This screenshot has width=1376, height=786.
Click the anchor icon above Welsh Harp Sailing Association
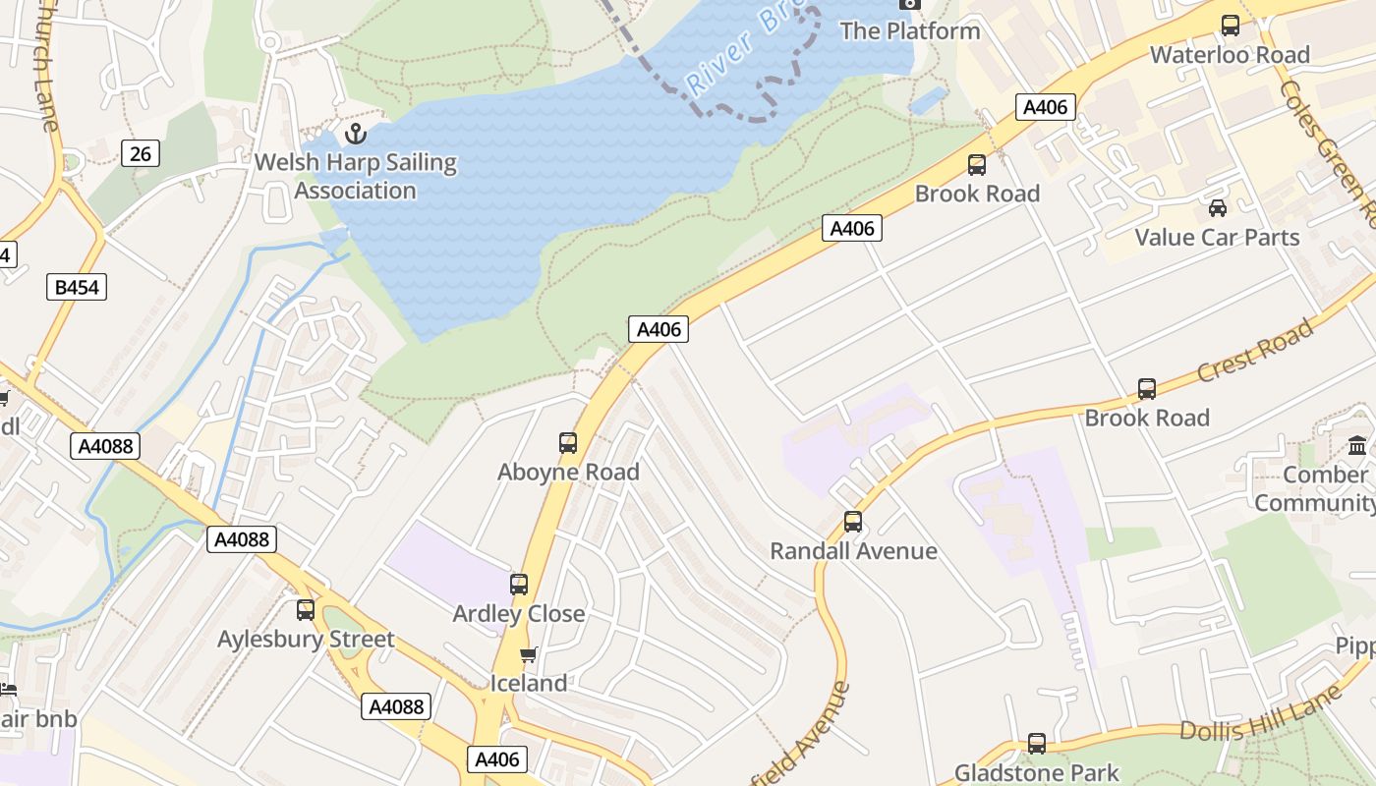coord(356,134)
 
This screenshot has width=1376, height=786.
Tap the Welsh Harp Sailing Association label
coord(356,177)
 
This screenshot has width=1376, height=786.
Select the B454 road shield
coord(77,287)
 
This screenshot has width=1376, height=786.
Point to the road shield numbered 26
coord(141,153)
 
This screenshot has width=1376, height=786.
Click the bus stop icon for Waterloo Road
coord(1230,26)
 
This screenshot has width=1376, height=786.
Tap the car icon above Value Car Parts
coord(1217,208)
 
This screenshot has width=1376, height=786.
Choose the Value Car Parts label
coord(1217,238)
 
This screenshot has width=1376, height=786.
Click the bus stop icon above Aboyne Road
coord(568,443)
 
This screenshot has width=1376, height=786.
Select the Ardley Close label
coord(518,614)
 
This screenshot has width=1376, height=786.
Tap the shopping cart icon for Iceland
coord(528,655)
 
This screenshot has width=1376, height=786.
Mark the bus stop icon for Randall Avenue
coord(853,522)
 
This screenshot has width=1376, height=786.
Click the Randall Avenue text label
coord(853,551)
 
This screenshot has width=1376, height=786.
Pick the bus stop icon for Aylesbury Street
coord(306,610)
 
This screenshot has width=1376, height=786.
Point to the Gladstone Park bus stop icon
coord(1037,744)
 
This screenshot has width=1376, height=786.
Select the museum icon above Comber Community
coord(1357,445)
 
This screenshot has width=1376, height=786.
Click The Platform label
coord(909,30)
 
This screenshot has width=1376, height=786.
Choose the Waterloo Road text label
coord(1230,55)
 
